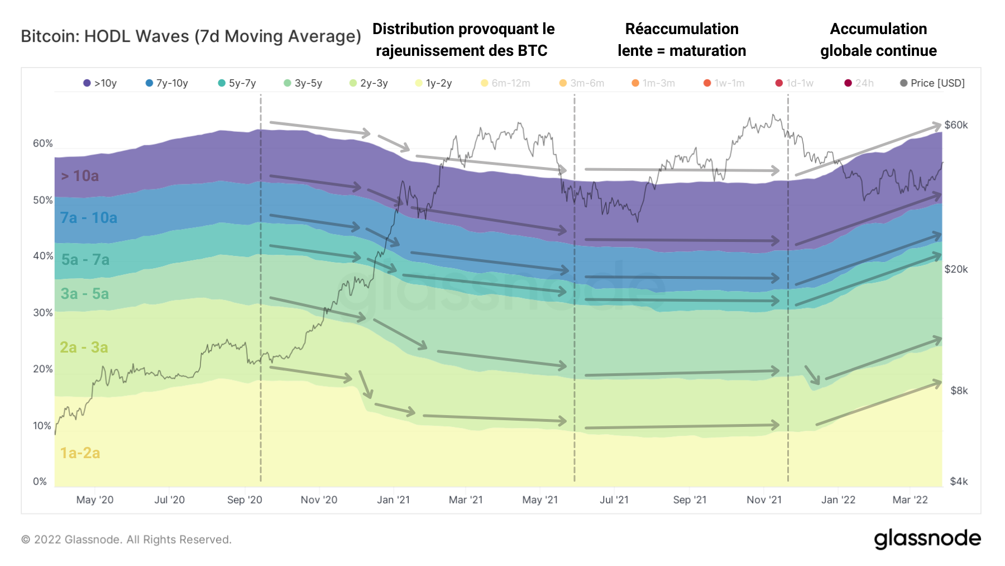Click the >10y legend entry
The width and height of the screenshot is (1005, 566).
coord(100,83)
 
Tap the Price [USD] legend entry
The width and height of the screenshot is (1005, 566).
coord(932,83)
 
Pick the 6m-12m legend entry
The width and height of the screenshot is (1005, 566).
coord(506,83)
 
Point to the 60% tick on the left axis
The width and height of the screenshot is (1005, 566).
coord(42,144)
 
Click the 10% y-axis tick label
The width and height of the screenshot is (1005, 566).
coord(42,426)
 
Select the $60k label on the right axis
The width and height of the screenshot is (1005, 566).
coord(956,125)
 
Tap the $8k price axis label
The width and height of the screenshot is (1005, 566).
coord(959,391)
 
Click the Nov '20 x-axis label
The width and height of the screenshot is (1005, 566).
coord(319,500)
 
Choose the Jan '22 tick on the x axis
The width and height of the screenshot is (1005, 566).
coord(838,500)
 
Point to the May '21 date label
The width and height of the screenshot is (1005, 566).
coord(540,500)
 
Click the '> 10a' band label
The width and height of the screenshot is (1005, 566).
coord(80,176)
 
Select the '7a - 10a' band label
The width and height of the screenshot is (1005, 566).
coord(89,218)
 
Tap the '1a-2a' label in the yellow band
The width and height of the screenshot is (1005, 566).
coord(80,453)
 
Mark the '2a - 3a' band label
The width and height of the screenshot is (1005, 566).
coord(84,348)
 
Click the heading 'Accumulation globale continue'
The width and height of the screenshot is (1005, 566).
coord(878,40)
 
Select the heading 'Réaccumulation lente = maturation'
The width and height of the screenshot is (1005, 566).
coord(682,40)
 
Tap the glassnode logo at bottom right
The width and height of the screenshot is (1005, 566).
coord(927,539)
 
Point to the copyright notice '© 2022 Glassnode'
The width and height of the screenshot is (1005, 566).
coord(126,540)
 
